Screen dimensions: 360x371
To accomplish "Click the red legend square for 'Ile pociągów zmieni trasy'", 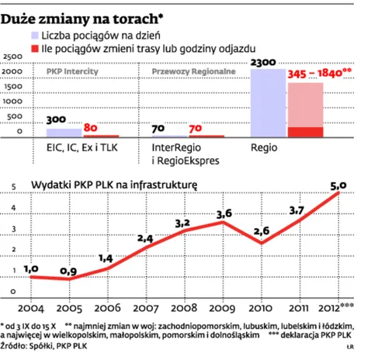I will click(33, 50).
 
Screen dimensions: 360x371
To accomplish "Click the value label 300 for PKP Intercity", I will click(55, 120).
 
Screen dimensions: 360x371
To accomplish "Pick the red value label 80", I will click(90, 128).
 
